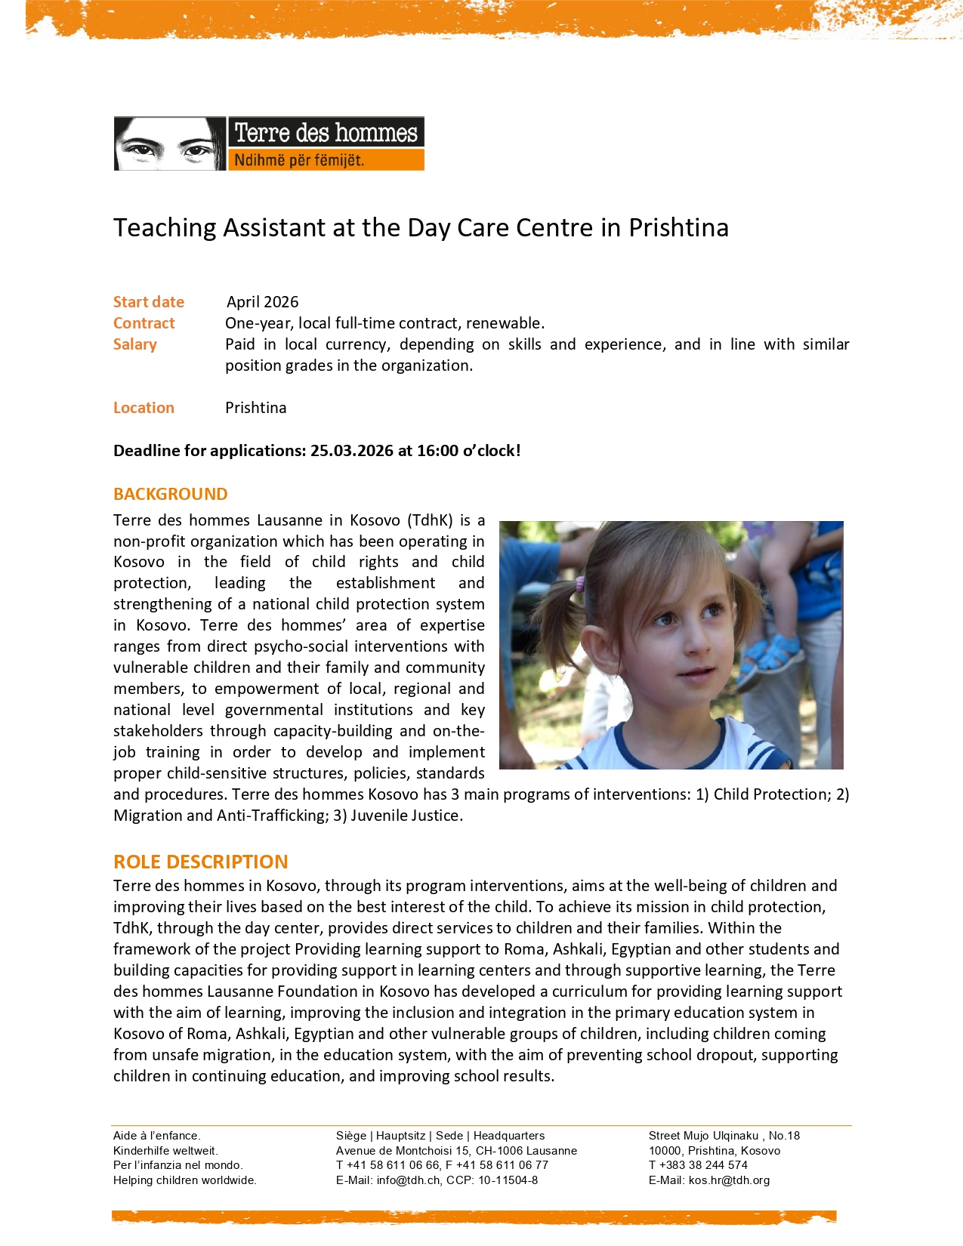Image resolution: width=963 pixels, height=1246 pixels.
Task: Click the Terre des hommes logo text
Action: click(326, 133)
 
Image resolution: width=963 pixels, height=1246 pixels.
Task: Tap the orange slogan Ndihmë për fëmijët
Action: click(299, 160)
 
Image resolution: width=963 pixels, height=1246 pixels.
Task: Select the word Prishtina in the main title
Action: click(678, 227)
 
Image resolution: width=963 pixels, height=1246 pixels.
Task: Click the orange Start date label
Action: click(149, 302)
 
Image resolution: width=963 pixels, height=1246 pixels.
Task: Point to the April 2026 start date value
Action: click(263, 302)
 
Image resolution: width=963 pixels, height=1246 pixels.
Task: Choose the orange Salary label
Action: click(135, 344)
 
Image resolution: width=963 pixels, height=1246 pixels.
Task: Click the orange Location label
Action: click(144, 408)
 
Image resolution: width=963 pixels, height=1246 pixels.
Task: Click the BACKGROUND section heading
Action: click(170, 494)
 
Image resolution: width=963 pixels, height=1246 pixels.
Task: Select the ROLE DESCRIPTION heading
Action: click(200, 862)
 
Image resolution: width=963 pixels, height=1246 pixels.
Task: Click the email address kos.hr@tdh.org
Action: click(729, 1180)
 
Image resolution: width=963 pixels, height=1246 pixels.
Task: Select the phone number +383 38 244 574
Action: click(703, 1165)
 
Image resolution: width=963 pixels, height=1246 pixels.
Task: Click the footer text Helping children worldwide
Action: click(185, 1180)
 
